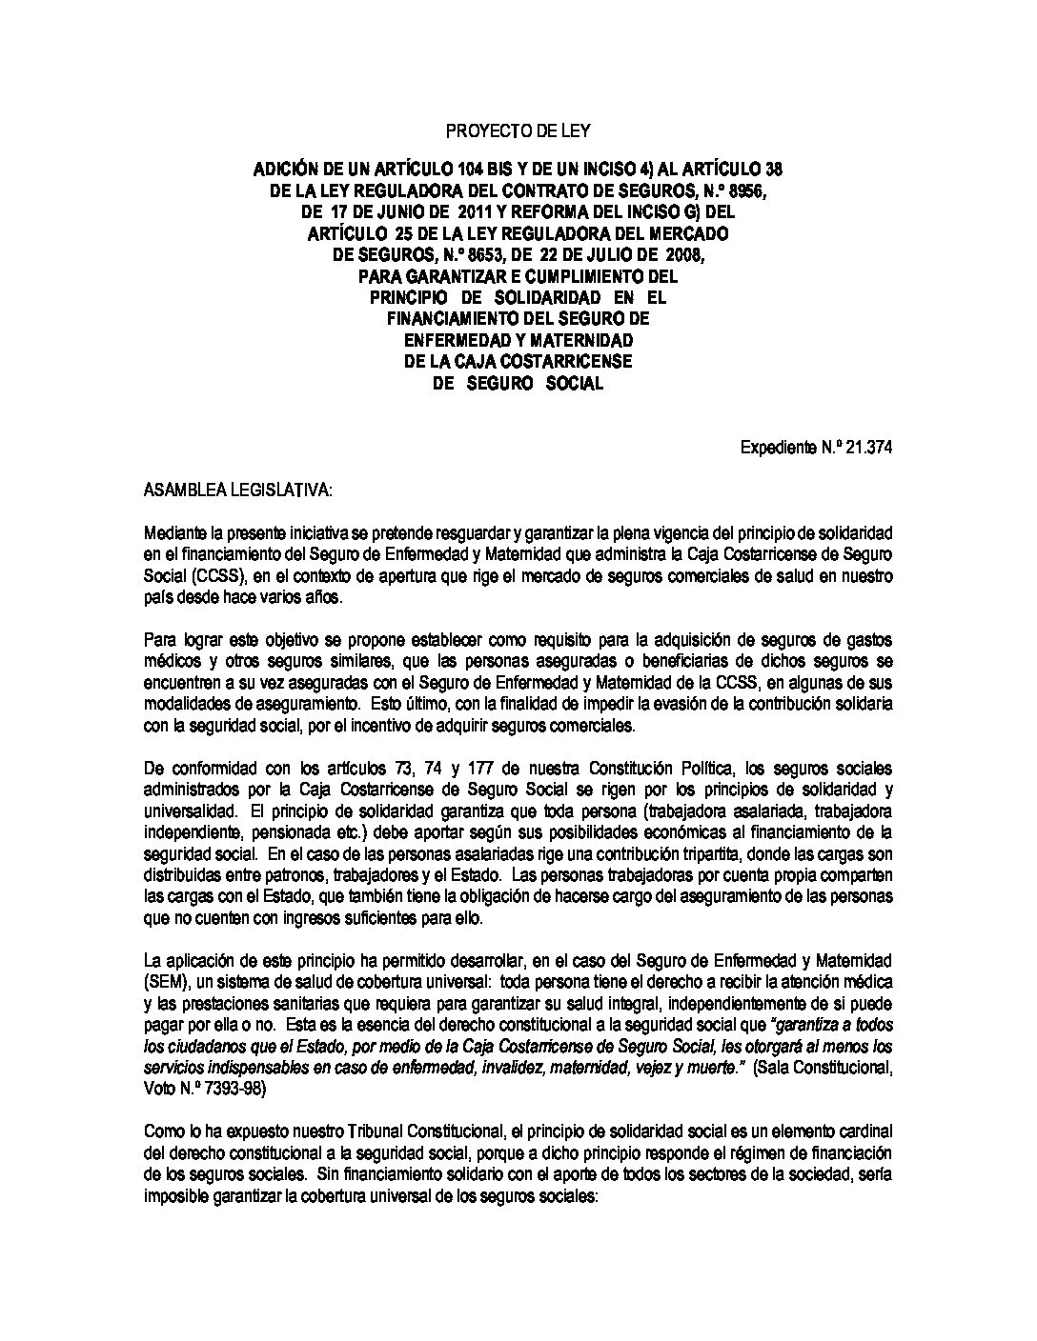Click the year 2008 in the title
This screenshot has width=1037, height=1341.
click(676, 254)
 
